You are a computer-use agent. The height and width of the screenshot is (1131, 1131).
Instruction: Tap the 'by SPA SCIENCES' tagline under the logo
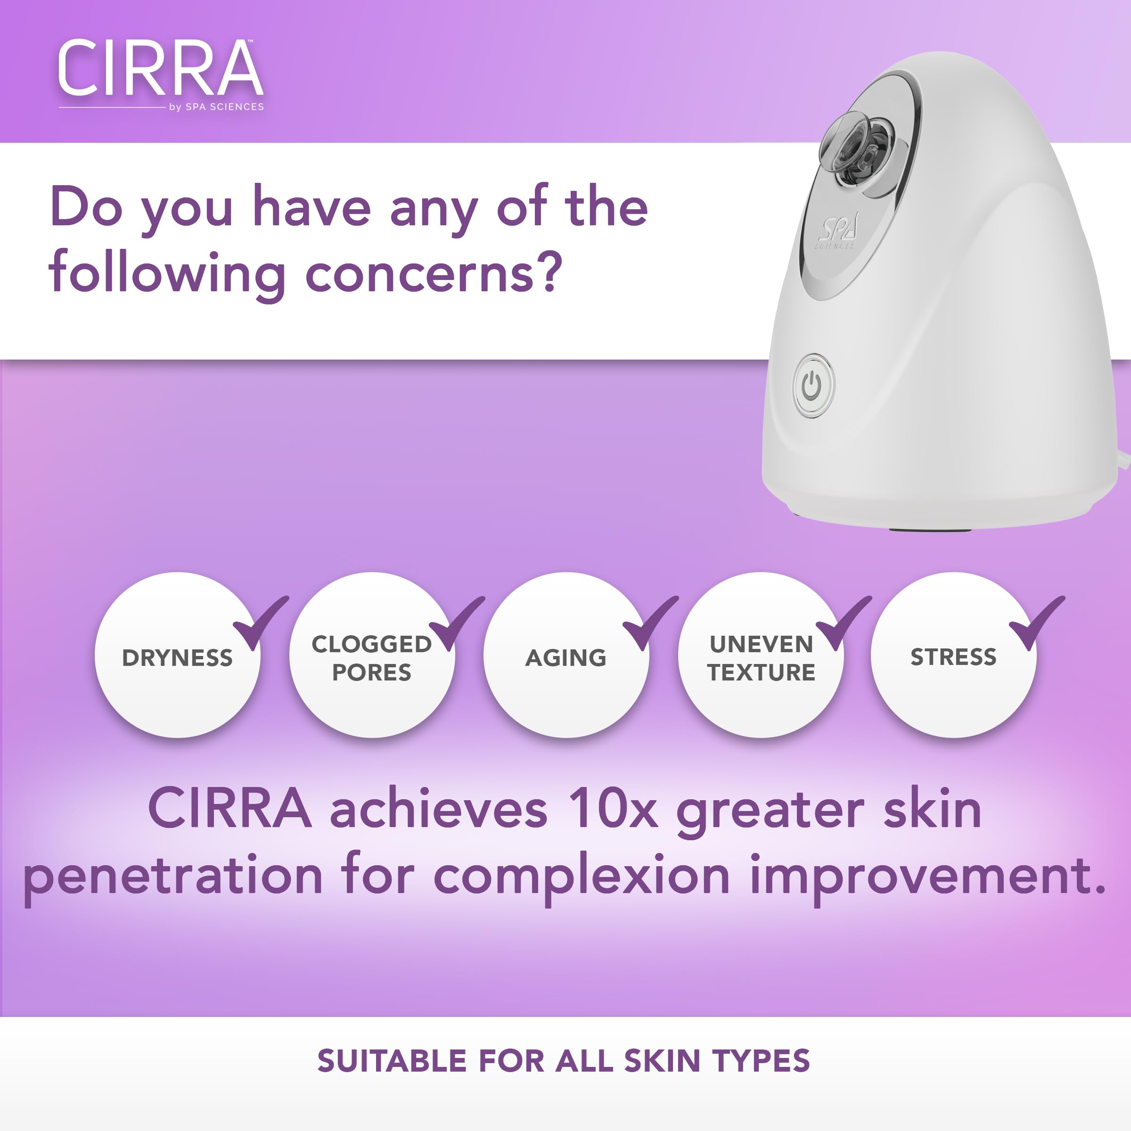coord(216,107)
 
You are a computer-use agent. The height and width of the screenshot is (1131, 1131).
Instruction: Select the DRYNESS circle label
coord(177,657)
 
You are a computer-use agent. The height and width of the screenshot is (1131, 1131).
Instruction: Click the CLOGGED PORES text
coord(371,657)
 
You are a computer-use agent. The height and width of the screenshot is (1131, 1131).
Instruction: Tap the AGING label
coord(565,657)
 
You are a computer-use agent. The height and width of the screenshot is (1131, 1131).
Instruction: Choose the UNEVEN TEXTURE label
coord(761,657)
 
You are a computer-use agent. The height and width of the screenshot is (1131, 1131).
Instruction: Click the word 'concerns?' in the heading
coord(433,274)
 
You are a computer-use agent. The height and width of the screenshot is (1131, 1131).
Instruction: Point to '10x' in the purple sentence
coord(614,810)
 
